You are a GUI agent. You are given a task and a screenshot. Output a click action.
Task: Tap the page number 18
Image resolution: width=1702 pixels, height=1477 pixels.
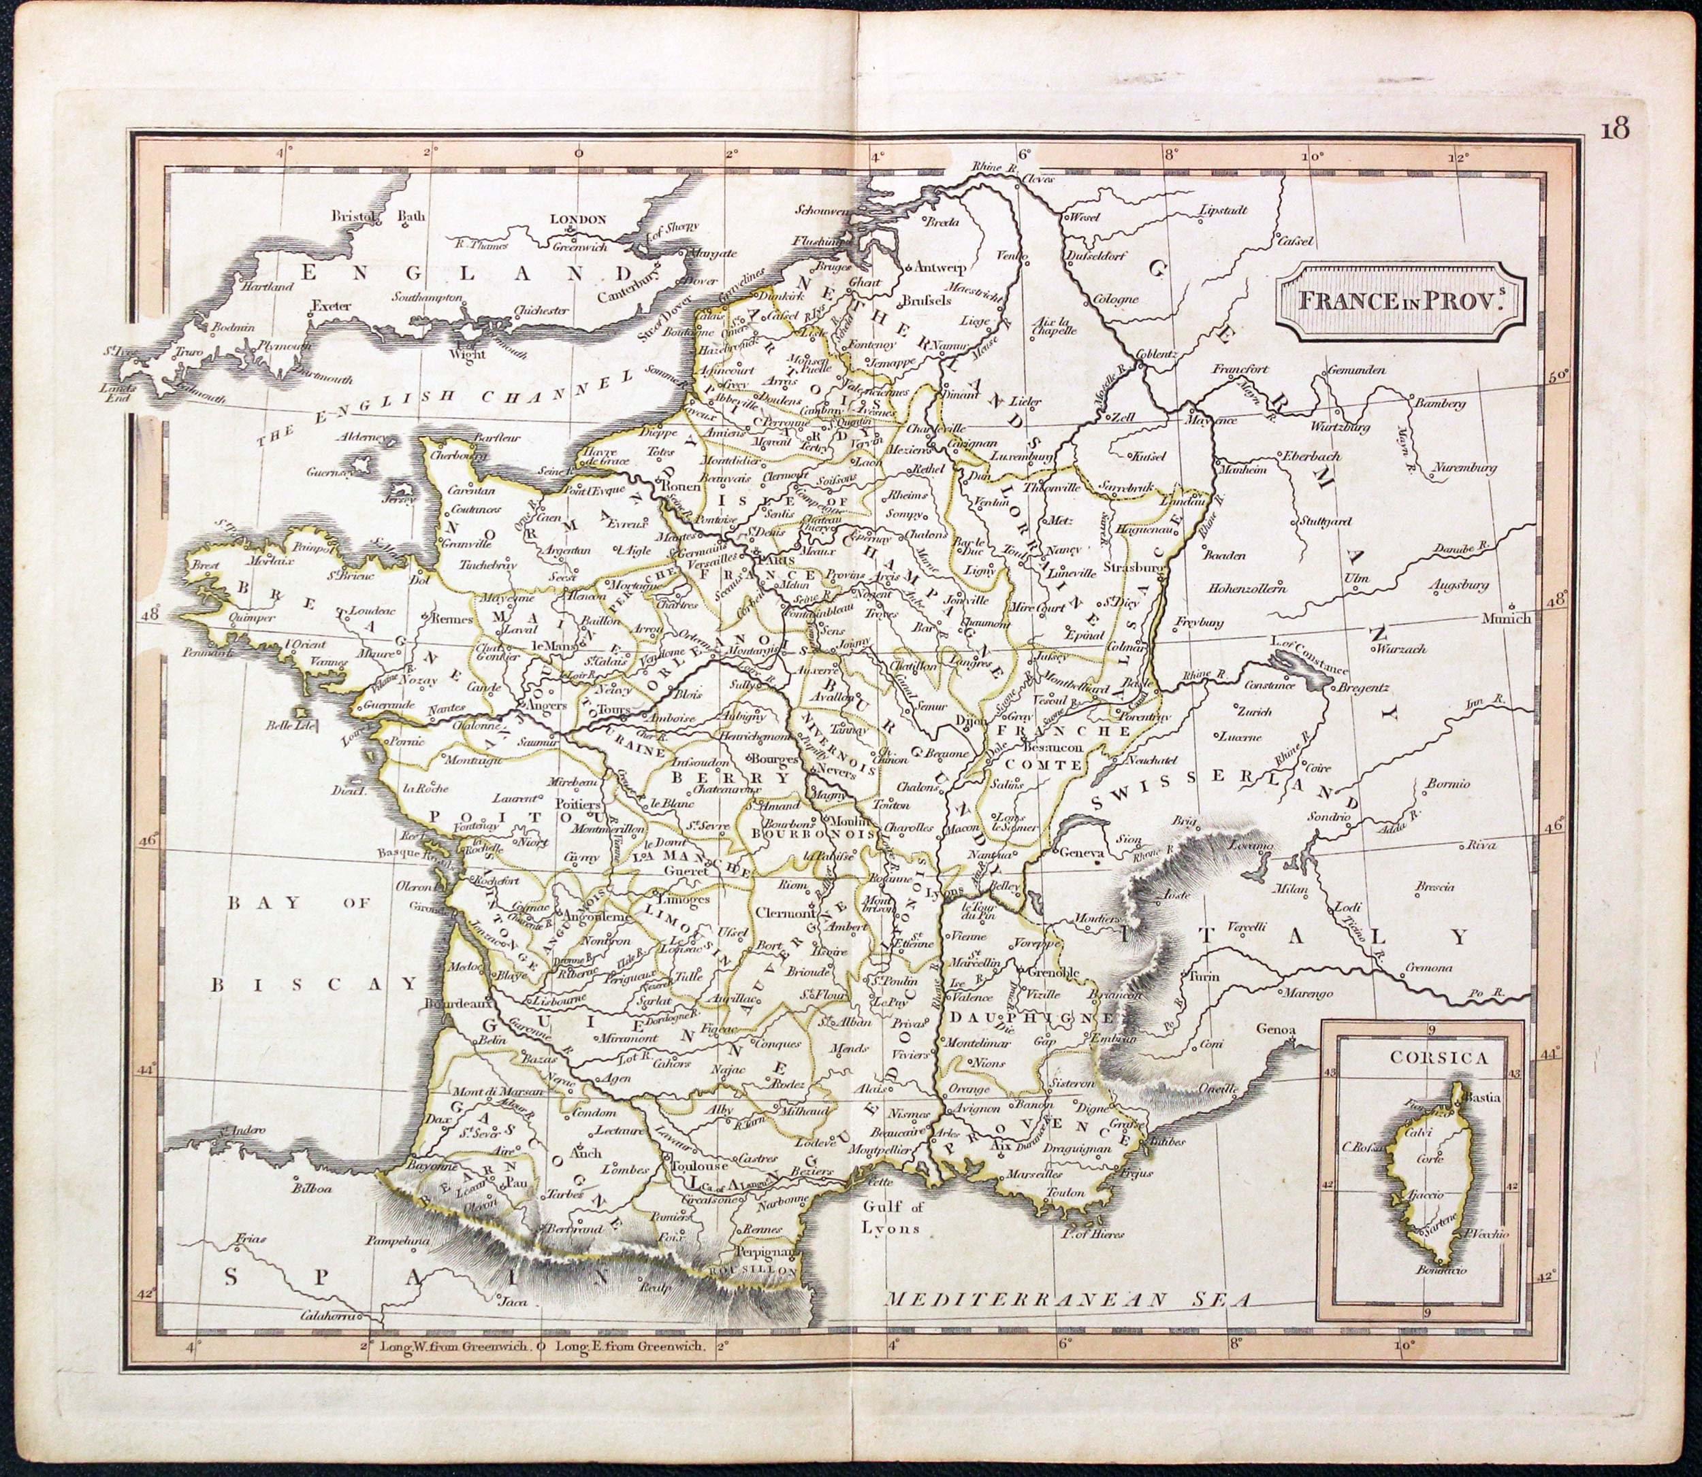[x=1616, y=130]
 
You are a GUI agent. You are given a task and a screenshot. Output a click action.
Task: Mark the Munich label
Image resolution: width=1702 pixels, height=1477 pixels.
[x=1506, y=618]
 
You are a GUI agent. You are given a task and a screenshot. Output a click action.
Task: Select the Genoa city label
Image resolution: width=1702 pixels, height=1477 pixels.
[x=1276, y=1029]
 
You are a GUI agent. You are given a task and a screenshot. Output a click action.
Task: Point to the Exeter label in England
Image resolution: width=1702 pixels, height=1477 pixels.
[x=332, y=305]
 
